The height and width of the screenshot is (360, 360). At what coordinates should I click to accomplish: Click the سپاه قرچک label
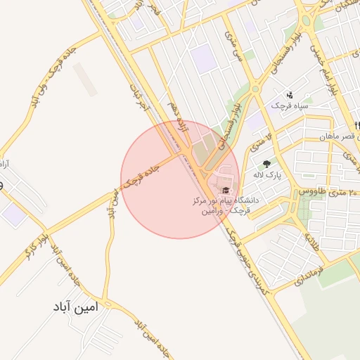(x=290, y=105)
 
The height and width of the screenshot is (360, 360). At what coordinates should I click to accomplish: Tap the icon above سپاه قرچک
(x=289, y=94)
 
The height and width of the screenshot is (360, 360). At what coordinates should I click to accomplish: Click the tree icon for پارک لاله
(x=266, y=163)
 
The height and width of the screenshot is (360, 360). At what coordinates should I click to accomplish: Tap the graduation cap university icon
(x=226, y=190)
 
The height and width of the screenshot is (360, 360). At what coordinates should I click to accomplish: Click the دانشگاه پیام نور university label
(x=226, y=205)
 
